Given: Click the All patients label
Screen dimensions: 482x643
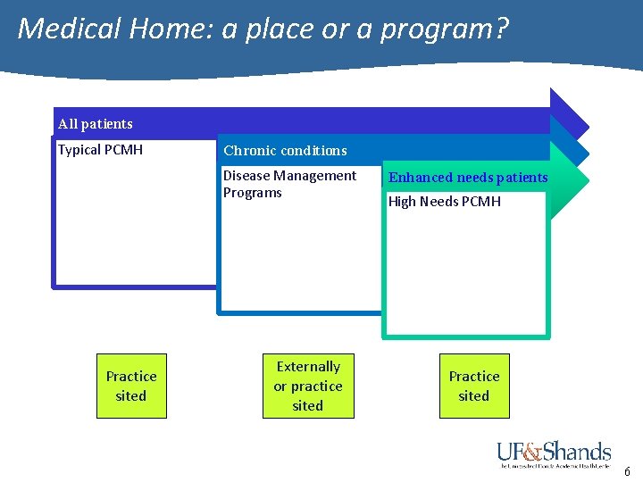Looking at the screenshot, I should [95, 124].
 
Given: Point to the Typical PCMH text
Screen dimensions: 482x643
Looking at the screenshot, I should [100, 150].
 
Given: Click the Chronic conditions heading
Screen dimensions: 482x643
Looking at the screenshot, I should [285, 151].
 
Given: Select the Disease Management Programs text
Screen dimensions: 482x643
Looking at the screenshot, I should [289, 184].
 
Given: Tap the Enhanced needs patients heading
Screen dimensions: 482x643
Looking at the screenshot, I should [468, 178].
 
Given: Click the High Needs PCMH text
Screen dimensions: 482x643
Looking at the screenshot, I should [444, 202].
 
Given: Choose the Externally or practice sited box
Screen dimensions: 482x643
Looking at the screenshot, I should [308, 386].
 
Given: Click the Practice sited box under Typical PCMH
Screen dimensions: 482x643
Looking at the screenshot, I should [131, 386].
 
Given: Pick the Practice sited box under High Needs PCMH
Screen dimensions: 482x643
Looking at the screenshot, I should [474, 386].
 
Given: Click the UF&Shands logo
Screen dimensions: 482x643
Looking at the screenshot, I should [554, 453].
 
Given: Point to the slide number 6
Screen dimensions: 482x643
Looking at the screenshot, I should [627, 472].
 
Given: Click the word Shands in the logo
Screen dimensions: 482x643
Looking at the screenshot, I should [577, 450].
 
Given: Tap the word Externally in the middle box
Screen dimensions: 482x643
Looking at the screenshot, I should [308, 367].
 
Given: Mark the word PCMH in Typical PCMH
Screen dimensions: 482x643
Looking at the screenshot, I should [123, 150].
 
